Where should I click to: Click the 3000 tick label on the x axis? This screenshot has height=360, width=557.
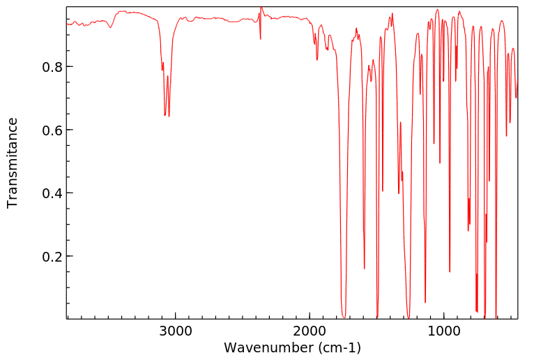175,331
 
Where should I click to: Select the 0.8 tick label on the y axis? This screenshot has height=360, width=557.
52,67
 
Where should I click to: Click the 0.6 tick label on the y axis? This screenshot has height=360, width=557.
52,130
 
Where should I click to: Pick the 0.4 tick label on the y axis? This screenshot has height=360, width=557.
52,193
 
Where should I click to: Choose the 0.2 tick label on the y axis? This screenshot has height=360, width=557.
52,257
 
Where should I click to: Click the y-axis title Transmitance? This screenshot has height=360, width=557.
13,163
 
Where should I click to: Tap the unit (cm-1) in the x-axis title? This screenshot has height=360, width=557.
339,347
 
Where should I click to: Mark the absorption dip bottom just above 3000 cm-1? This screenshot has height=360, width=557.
169,116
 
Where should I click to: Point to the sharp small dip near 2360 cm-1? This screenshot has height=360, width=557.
261,39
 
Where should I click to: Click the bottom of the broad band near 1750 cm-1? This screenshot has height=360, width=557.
344,316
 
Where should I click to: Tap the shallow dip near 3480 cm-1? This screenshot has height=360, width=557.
110,28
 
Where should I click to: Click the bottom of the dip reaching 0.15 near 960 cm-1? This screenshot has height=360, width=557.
450,272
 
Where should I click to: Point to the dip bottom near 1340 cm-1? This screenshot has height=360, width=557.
398,193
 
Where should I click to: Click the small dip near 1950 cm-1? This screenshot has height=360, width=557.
317,60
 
